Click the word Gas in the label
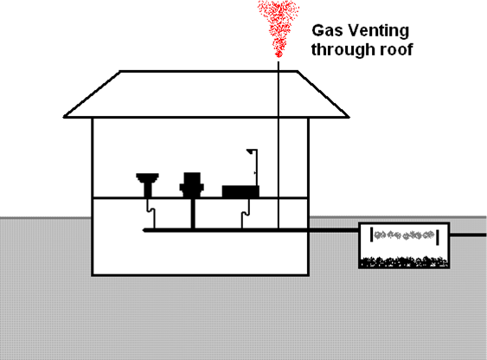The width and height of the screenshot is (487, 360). [x=327, y=31]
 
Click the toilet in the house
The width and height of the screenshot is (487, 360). [x=192, y=185]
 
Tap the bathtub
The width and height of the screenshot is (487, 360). [x=240, y=191]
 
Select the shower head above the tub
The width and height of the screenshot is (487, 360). [x=250, y=151]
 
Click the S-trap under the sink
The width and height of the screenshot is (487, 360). [x=151, y=210]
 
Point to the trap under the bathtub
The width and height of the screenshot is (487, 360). [x=246, y=213]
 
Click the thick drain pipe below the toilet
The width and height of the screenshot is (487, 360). [x=193, y=214]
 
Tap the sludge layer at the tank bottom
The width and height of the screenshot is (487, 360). [x=404, y=262]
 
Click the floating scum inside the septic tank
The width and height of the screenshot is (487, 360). [x=404, y=235]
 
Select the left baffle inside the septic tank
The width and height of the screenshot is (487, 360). [x=371, y=235]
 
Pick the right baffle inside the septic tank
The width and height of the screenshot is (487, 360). [x=438, y=237]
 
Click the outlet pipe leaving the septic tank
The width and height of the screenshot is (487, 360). [x=468, y=235]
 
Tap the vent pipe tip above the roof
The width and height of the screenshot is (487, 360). [x=279, y=61]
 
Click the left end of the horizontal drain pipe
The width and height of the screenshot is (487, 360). [x=144, y=230]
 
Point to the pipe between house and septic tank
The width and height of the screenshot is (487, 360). [x=334, y=230]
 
